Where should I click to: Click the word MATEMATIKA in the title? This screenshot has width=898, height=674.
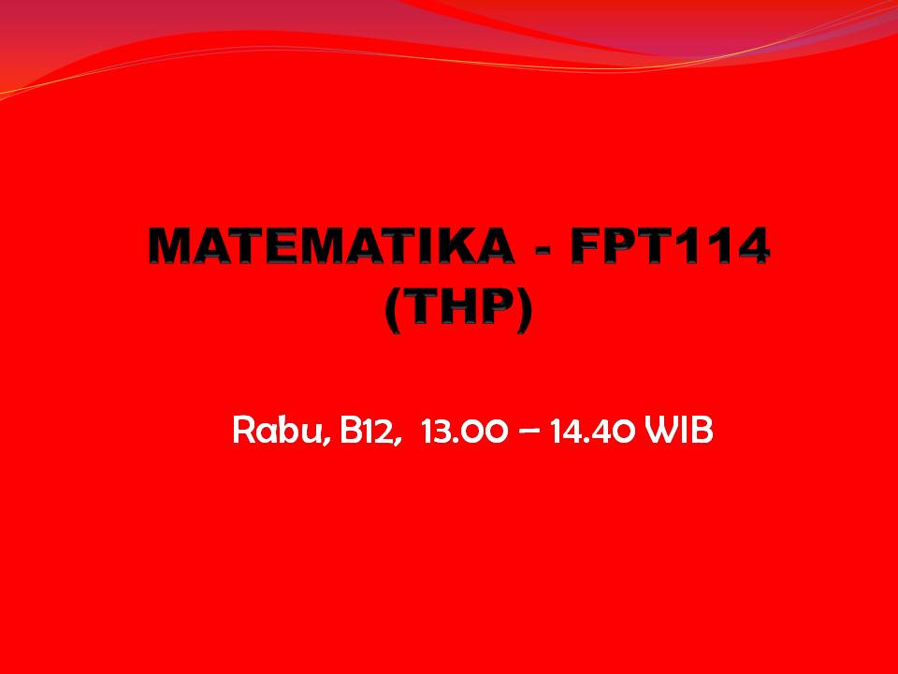tap(331, 246)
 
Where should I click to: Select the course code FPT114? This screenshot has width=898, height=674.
tap(670, 246)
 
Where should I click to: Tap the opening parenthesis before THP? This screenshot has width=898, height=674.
tap(393, 310)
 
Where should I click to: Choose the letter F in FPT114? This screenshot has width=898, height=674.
tap(587, 246)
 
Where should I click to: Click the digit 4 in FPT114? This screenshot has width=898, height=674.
tap(750, 246)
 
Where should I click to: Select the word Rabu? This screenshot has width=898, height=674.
tap(279, 430)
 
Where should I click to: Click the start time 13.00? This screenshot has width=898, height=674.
tap(464, 431)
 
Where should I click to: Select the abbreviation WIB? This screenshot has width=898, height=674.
tap(678, 431)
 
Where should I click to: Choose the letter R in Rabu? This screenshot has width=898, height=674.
tap(243, 430)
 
